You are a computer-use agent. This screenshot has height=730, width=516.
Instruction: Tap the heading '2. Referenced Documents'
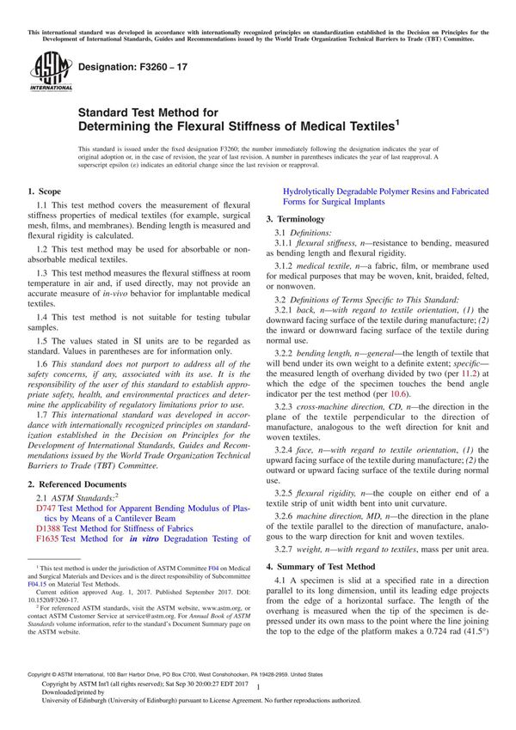click(x=77, y=485)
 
